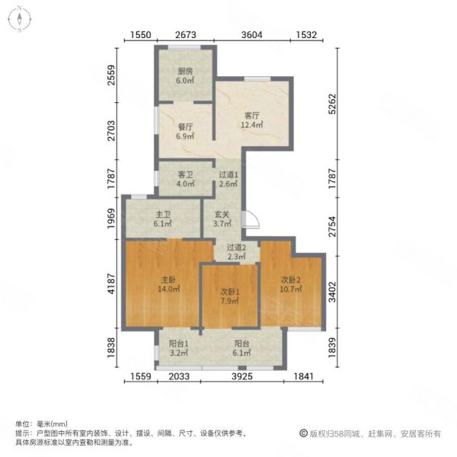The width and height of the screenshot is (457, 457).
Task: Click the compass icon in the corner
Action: [18, 19]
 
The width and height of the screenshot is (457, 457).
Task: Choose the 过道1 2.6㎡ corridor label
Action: [229, 179]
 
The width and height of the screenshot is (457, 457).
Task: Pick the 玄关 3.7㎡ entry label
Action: [222, 219]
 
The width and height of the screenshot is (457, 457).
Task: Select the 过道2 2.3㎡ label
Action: [237, 252]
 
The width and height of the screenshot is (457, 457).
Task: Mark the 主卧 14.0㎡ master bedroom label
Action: [168, 284]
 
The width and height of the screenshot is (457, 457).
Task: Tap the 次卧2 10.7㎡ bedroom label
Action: [289, 284]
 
